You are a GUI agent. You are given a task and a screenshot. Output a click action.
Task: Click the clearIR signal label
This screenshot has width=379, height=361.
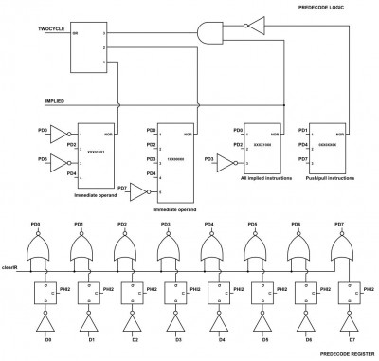[x=12, y=268]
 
